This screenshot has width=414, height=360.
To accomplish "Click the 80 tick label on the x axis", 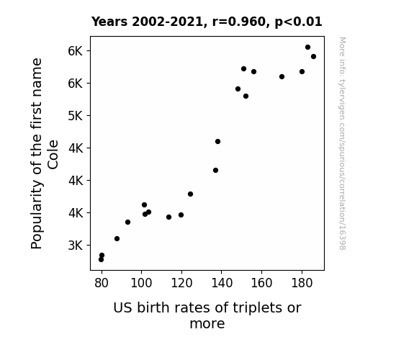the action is click(x=102, y=283).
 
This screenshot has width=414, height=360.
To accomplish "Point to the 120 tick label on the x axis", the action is click(x=181, y=283).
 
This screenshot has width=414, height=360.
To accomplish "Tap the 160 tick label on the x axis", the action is click(x=261, y=283).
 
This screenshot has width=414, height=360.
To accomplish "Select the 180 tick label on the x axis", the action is click(x=302, y=283).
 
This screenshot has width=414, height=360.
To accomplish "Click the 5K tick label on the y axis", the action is click(x=76, y=116).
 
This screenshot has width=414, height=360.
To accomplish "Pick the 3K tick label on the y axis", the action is click(x=76, y=246).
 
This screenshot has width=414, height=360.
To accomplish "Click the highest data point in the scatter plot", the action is click(x=307, y=48).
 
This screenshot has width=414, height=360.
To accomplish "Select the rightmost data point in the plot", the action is click(x=313, y=57).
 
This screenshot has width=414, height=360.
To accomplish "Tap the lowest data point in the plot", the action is click(x=101, y=260).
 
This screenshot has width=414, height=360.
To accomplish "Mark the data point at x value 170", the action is click(x=282, y=76).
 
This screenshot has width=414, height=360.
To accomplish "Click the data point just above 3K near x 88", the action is click(x=117, y=239).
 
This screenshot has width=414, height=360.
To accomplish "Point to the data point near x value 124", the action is click(x=190, y=194).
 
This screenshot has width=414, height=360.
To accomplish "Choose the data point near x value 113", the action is click(x=168, y=217).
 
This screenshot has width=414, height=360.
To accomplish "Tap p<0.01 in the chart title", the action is click(x=298, y=22).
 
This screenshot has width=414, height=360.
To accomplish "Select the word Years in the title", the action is click(x=109, y=22).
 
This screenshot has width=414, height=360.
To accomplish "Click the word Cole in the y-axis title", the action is click(x=53, y=155).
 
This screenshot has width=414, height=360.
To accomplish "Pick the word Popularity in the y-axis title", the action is click(x=37, y=215).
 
